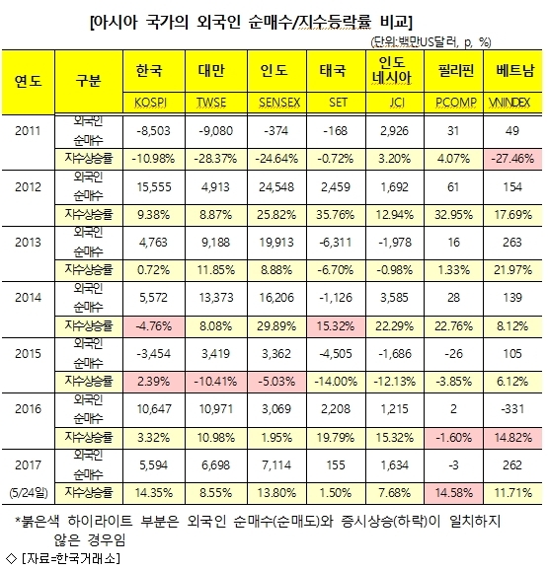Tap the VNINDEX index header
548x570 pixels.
512,103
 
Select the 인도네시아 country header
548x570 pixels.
394,71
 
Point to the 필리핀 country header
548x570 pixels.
453,71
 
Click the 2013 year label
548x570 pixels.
28,243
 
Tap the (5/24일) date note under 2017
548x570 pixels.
29,493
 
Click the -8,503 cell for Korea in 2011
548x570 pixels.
154,131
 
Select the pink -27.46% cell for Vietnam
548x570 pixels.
512,159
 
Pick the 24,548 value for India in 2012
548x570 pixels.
276,187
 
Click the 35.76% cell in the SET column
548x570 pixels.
336,215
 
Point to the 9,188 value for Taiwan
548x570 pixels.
216,243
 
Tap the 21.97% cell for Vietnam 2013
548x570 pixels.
512,270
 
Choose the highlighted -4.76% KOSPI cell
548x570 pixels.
154,326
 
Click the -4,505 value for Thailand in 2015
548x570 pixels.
336,354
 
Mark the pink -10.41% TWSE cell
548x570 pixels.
216,382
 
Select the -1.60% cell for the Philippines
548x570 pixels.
453,437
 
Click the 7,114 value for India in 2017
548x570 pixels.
276,465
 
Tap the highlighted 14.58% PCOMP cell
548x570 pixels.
453,493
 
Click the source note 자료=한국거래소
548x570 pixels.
71,558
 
